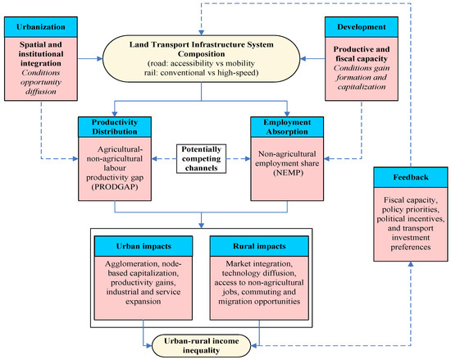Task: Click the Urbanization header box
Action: click(x=41, y=27)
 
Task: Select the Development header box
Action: click(x=362, y=27)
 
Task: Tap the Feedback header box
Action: click(x=411, y=177)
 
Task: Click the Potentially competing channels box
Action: click(x=202, y=159)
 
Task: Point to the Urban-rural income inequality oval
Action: click(x=202, y=345)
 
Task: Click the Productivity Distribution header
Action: click(x=115, y=127)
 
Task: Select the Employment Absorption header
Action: click(x=287, y=127)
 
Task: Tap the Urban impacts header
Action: click(x=143, y=246)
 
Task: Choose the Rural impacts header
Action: click(x=259, y=246)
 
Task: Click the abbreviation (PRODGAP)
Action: click(x=115, y=187)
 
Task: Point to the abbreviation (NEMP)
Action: click(x=288, y=173)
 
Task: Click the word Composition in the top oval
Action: click(x=202, y=54)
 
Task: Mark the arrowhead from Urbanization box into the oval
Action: click(x=100, y=59)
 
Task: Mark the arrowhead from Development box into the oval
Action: click(x=303, y=59)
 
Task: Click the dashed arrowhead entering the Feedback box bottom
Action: click(x=411, y=264)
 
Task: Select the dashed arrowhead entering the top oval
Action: click(x=202, y=33)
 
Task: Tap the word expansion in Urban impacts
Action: click(x=143, y=302)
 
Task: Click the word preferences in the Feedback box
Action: click(x=411, y=248)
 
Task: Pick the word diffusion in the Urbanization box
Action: click(x=41, y=92)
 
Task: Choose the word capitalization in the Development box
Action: click(x=362, y=87)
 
